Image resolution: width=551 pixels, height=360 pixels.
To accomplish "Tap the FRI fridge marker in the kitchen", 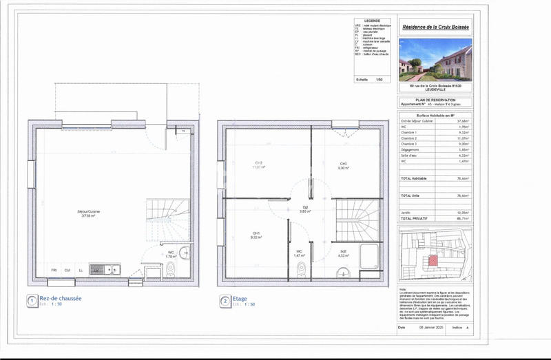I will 55,269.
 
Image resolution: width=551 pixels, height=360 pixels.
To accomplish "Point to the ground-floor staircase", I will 167,219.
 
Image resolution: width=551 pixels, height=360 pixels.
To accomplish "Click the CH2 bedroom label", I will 258,165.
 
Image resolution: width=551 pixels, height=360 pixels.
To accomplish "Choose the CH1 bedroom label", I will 256,235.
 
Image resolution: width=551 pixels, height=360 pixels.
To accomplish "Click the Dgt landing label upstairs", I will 304,209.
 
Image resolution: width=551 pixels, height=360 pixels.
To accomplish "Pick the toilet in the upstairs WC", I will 300,269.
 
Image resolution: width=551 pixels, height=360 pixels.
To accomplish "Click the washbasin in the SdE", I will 343,273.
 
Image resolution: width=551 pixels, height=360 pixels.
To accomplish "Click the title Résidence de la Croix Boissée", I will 435,25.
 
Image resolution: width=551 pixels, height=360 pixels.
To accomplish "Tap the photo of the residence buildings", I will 435,59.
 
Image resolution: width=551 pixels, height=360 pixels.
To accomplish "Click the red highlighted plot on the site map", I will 433,260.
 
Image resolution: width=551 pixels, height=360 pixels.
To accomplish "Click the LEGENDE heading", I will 371,21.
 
